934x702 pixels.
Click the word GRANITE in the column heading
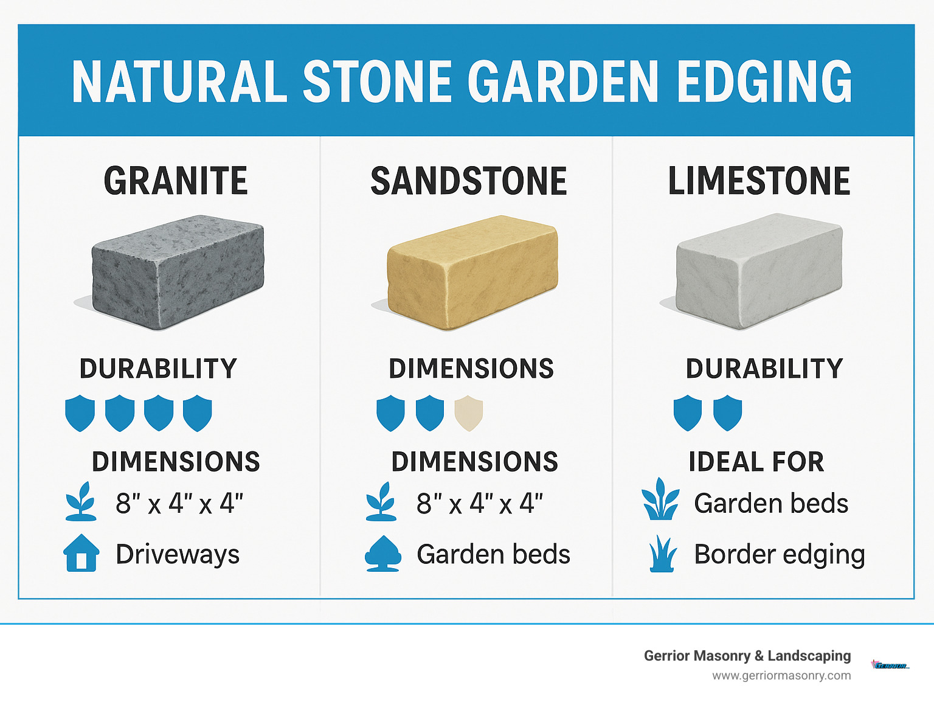point(176,181)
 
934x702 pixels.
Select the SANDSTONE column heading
point(469,181)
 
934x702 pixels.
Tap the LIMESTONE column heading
point(759,181)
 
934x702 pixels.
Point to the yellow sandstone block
point(472,272)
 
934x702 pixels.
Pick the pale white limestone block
point(759,271)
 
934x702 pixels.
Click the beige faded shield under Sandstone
point(468,413)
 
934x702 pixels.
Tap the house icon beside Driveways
point(81,553)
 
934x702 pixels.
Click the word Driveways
point(178,554)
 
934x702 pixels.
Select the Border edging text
point(780,554)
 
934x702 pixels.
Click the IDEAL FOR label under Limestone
point(756,462)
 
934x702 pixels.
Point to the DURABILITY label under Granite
point(158,369)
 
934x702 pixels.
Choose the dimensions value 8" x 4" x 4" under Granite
point(179,504)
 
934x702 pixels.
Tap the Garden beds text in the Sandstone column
point(493,554)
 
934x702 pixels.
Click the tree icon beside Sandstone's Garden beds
point(382,553)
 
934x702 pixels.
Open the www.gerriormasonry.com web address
point(781,675)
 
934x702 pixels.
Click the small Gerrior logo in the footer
point(890,665)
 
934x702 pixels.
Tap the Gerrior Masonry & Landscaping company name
point(747,656)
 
